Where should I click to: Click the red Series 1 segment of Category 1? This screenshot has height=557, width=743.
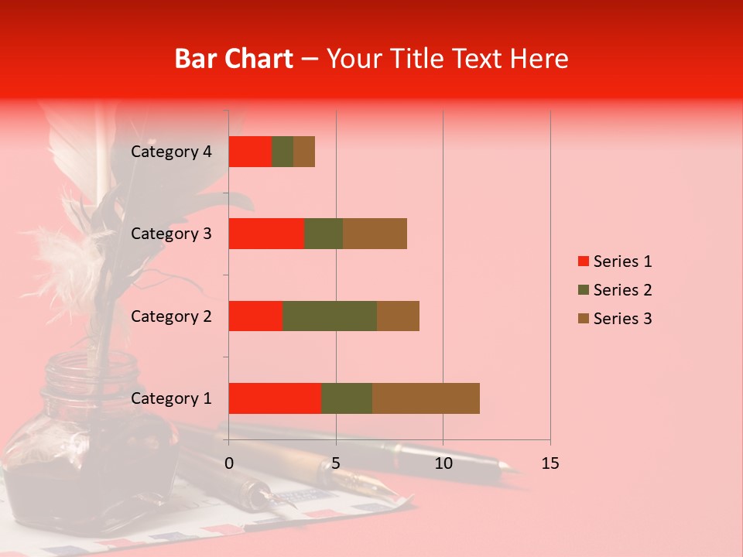point(275,398)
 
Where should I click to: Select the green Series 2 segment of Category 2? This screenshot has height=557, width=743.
point(330,316)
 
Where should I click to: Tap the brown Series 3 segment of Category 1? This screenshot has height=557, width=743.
point(426,398)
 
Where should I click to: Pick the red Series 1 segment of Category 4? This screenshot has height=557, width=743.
point(250,152)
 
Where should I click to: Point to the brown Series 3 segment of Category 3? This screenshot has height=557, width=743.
point(375,234)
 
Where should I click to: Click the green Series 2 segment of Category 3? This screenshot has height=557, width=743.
point(324,234)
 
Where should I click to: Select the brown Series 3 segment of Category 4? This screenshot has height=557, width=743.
point(304,152)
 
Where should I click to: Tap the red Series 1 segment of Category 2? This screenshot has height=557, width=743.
point(255,316)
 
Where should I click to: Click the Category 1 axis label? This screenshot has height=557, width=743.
point(171,398)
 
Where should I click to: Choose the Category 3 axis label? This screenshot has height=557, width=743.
point(171,234)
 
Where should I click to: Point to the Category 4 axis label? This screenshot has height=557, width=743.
point(171,152)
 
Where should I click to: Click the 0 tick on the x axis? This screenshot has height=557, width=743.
point(229,463)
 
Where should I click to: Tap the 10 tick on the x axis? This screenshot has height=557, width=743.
point(443,463)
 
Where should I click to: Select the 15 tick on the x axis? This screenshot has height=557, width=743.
point(550,463)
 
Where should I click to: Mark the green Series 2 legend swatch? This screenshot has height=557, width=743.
point(583,290)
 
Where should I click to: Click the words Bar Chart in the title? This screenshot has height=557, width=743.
point(234,59)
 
